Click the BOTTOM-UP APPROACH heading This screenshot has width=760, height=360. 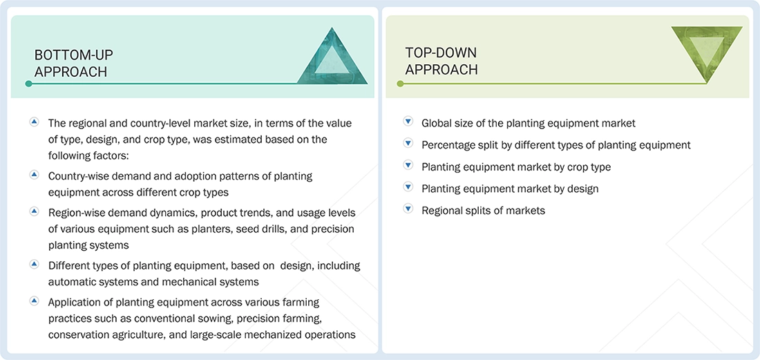tap(74, 62)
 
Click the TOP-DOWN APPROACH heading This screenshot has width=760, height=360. tap(441, 61)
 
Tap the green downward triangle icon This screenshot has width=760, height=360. tap(707, 54)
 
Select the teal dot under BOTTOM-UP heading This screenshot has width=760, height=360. tap(28, 84)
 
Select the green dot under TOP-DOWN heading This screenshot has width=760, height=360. tap(400, 84)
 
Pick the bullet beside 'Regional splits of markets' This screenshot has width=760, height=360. tap(408, 209)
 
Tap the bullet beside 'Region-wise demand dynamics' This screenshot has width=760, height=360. tap(34, 211)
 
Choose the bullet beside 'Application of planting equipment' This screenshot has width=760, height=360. tap(34, 301)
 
